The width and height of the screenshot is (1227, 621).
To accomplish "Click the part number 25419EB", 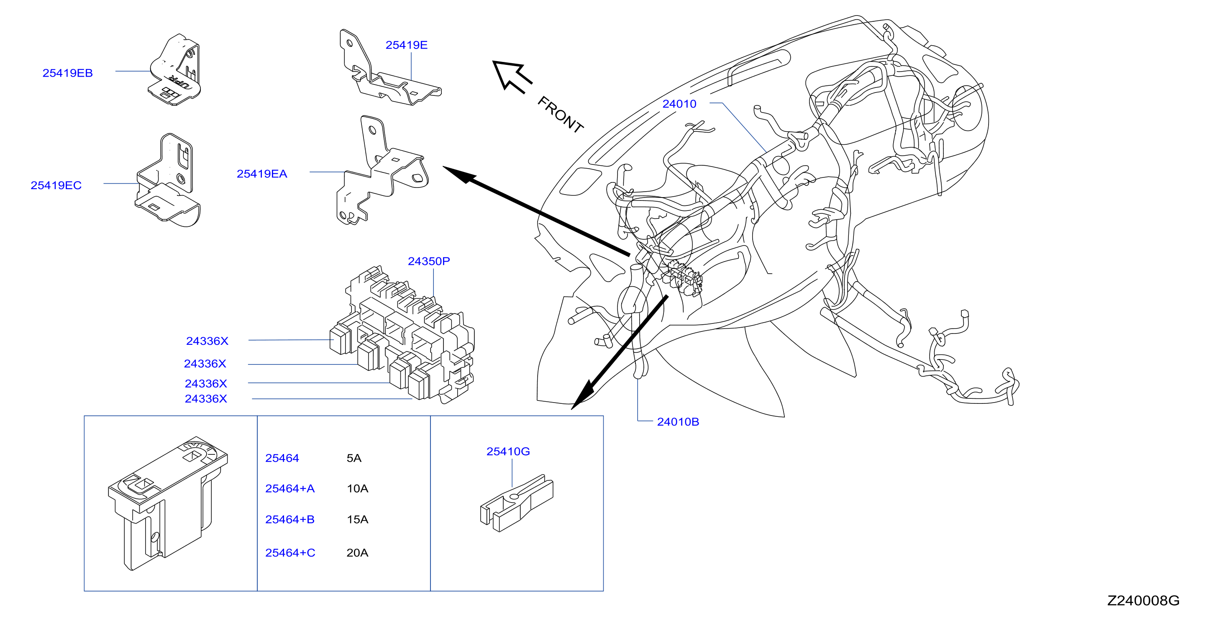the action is coord(68,73).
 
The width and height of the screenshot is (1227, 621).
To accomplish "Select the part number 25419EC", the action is coord(56,185).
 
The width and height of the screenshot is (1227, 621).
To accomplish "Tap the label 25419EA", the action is coord(262,174).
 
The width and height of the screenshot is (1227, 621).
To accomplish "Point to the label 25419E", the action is coord(406,45).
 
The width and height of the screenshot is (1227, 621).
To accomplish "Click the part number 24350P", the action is coord(429,261).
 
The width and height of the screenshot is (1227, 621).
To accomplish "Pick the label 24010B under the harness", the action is coord(678,422).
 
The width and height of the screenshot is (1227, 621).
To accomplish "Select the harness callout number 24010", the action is coord(679,104).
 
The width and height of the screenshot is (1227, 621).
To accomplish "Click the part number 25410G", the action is coord(508,452).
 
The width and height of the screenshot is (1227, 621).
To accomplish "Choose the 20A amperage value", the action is coord(357,553).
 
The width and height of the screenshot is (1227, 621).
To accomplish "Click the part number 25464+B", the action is coord(290,519).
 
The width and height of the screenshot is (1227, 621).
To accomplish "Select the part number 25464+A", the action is coord(290,488).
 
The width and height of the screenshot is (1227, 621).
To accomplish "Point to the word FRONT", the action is coord(561,114).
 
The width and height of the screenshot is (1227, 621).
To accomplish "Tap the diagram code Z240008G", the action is coord(1143,600).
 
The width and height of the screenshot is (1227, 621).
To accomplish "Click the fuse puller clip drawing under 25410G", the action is coord(517,503).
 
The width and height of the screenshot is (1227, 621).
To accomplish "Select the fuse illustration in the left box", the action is coord(168,503).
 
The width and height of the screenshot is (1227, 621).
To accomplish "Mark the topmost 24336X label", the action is coord(207,341).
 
